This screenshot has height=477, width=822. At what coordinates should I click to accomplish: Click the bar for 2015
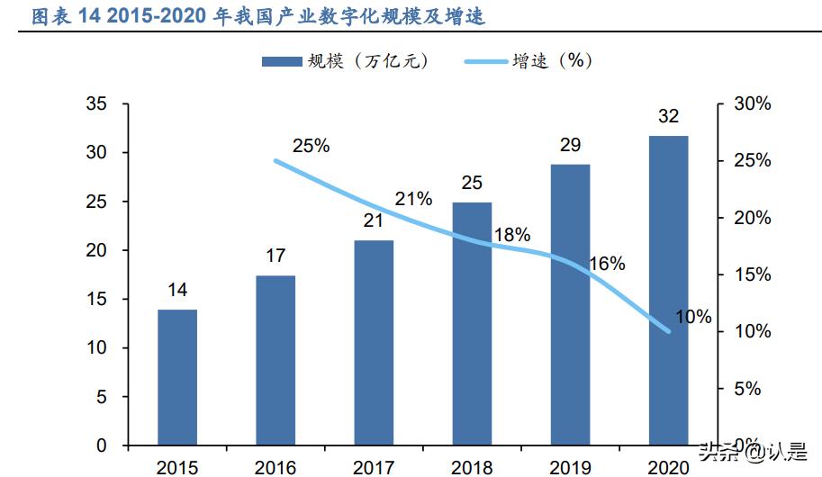click(x=177, y=377)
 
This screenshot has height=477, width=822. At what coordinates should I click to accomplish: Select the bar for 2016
click(x=276, y=360)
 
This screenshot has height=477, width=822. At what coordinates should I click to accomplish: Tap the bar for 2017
click(x=374, y=342)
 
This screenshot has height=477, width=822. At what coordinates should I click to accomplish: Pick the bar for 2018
click(x=472, y=323)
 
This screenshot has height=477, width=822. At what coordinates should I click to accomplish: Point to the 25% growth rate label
click(x=312, y=145)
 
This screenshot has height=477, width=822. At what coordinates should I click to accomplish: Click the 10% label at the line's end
click(x=693, y=317)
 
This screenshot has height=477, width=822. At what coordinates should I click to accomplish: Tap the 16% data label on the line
click(x=607, y=264)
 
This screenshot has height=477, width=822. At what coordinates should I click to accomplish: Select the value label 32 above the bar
click(x=668, y=116)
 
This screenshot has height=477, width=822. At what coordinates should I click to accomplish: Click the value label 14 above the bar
click(x=177, y=290)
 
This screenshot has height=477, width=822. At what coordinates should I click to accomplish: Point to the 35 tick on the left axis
click(x=95, y=104)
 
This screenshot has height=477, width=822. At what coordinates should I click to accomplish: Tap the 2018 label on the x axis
click(x=472, y=466)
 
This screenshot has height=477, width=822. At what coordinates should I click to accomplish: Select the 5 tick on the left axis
click(x=101, y=397)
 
